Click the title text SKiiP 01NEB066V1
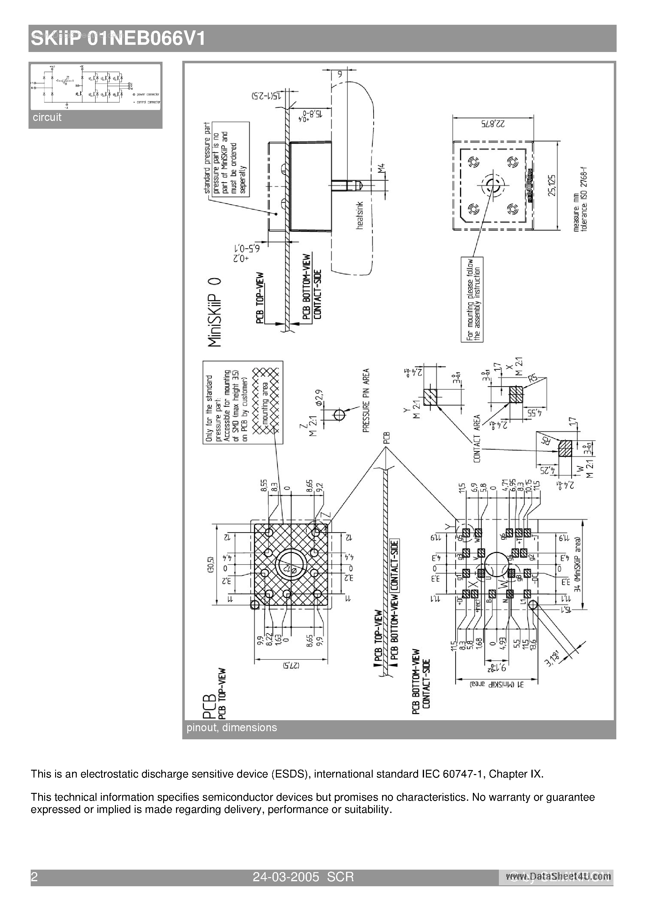(x=118, y=39)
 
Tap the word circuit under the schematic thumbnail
(x=47, y=117)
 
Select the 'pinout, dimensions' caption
(x=231, y=727)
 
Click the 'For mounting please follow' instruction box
(x=472, y=299)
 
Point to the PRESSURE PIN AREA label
(x=366, y=400)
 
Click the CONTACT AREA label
(x=477, y=439)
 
